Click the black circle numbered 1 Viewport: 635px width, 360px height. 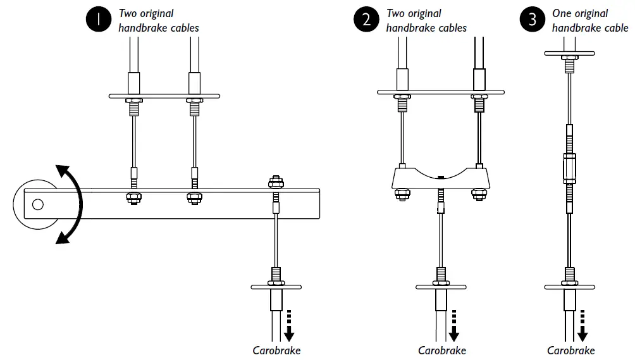(x=98, y=20)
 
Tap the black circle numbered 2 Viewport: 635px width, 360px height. (x=366, y=20)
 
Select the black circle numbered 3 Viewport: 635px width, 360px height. (x=532, y=20)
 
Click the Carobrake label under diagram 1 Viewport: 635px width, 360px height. (x=277, y=351)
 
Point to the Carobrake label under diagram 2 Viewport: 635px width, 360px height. (x=441, y=351)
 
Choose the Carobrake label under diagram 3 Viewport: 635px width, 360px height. (x=570, y=351)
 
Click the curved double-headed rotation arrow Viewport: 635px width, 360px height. (x=71, y=203)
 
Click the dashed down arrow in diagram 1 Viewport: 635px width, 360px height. (x=290, y=325)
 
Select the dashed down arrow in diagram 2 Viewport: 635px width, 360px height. (x=453, y=325)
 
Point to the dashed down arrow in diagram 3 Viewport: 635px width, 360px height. (x=583, y=325)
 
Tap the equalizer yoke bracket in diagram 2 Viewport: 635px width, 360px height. (x=441, y=178)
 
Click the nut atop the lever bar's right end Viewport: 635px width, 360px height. (x=276, y=183)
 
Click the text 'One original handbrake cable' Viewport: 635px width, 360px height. (x=589, y=20)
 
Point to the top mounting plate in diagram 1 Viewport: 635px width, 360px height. (x=164, y=96)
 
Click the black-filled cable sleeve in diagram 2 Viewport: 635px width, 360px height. (x=480, y=79)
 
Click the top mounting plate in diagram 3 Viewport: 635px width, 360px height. (x=570, y=53)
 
